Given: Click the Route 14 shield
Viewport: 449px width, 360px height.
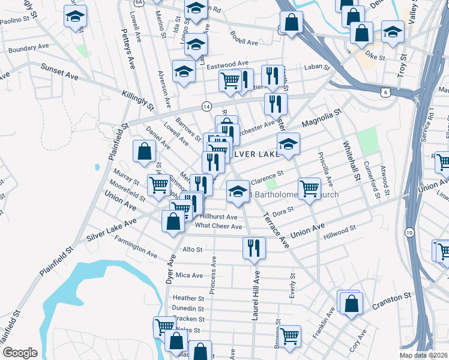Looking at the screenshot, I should pos(206,106).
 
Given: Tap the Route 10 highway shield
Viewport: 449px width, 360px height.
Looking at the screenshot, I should pos(409,232).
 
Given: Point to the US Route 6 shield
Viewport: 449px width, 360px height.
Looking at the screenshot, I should pos(385,92).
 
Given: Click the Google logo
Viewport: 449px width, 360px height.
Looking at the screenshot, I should pos(20,353).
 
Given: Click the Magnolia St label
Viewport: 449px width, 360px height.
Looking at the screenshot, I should pos(321,118).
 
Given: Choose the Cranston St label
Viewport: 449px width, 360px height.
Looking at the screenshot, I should pos(390,296).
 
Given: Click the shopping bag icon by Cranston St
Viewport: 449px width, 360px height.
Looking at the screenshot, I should pos(351,303).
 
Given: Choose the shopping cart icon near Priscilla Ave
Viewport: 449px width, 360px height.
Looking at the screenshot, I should pos(309,188).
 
